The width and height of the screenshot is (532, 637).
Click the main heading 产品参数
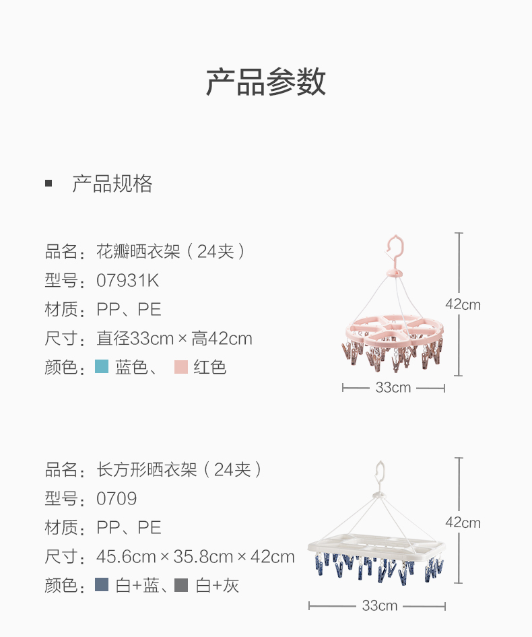click(x=266, y=82)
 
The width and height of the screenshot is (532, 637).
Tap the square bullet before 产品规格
click(x=48, y=183)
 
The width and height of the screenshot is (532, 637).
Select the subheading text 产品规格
click(x=112, y=184)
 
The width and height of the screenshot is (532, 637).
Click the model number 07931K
click(x=128, y=281)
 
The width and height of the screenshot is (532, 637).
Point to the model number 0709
click(x=117, y=499)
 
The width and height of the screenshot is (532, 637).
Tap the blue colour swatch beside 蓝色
click(x=102, y=366)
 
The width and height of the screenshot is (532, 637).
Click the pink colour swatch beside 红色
click(x=181, y=366)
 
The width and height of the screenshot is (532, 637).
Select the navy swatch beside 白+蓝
click(x=102, y=584)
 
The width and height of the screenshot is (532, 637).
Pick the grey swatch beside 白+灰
click(x=181, y=584)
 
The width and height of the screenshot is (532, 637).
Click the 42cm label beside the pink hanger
click(x=463, y=304)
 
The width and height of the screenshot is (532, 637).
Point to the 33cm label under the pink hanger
click(x=393, y=388)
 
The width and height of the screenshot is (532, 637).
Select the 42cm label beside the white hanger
click(x=463, y=523)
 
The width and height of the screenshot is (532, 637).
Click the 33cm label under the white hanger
click(x=380, y=606)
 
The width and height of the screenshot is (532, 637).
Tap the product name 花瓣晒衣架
click(x=138, y=251)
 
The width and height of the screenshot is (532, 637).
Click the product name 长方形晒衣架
click(x=147, y=469)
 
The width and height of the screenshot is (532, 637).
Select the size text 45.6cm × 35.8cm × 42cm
click(x=195, y=557)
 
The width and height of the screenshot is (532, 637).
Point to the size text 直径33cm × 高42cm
click(x=174, y=339)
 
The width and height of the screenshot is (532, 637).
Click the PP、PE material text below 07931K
click(x=129, y=310)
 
